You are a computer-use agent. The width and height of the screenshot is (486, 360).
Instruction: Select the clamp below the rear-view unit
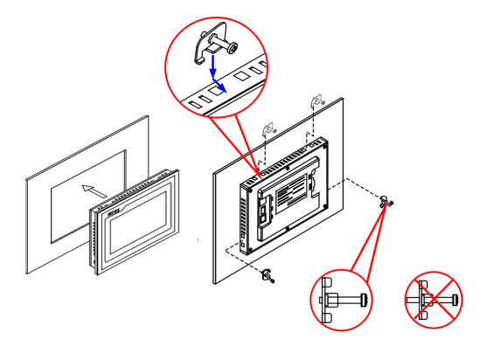coord(266,278)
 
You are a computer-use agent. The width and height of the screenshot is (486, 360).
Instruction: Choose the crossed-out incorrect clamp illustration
coord(434,299)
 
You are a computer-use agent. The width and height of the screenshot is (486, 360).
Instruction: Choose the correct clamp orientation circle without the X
coord(340,299)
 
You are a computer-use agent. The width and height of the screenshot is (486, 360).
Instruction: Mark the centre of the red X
coord(434,299)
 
